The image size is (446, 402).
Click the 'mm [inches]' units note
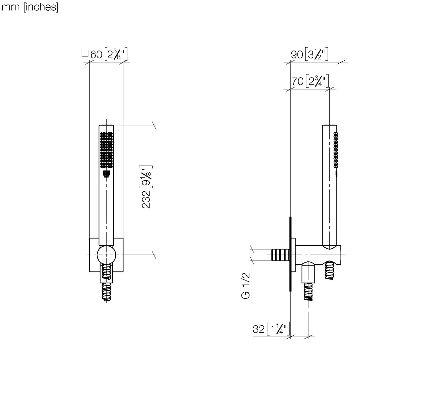pyautogui.click(x=30, y=7)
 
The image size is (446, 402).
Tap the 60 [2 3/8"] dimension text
pyautogui.click(x=109, y=54)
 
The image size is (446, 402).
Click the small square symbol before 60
pyautogui.click(x=85, y=53)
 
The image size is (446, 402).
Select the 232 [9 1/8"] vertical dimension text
pyautogui.click(x=146, y=187)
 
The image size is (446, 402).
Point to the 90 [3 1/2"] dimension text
pyautogui.click(x=310, y=54)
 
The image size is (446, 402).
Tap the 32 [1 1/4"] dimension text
pyautogui.click(x=271, y=329)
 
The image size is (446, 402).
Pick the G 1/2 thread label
pyautogui.click(x=246, y=286)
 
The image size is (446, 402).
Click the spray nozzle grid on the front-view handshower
pyautogui.click(x=106, y=150)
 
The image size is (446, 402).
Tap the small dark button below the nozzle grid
pyautogui.click(x=106, y=174)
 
